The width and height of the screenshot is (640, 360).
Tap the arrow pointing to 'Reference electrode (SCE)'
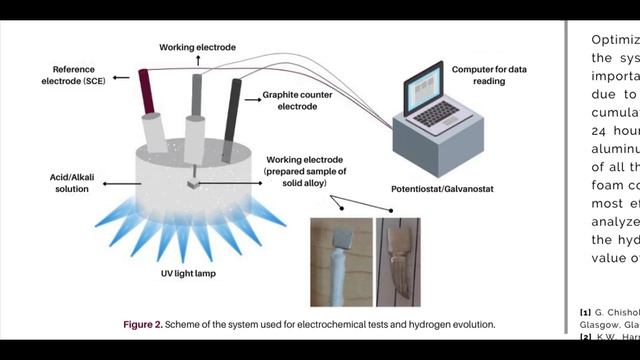click(x=121, y=76)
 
